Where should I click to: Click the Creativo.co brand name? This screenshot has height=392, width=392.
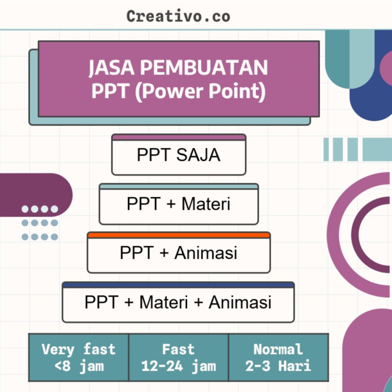(178, 16)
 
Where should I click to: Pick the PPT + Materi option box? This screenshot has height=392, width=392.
(179, 205)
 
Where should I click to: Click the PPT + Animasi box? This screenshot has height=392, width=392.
(179, 254)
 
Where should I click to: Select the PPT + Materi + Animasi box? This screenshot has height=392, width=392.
(178, 303)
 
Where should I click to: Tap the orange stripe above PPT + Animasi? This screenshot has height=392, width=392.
(179, 235)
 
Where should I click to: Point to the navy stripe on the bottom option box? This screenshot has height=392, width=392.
(178, 285)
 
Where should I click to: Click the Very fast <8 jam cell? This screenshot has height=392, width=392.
(79, 357)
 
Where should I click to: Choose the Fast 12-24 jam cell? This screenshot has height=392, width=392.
(179, 357)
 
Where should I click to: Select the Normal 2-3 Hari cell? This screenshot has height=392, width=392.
(279, 357)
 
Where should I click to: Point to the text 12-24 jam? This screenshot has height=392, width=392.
(179, 365)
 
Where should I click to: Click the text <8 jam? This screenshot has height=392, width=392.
(79, 365)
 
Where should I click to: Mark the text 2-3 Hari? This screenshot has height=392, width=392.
(279, 365)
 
